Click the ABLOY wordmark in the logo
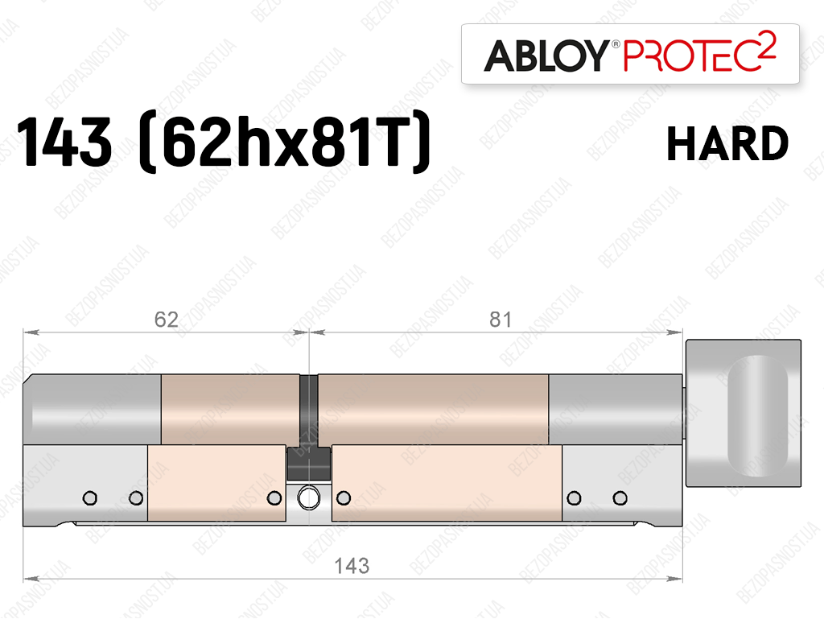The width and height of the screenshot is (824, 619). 546,56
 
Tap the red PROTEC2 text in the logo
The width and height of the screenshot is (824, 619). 700,53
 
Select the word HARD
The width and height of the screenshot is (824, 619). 727,143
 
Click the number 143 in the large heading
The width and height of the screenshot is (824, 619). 64,142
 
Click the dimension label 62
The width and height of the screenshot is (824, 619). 166,320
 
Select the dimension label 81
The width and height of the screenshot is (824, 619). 501,320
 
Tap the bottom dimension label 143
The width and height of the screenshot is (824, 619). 352,566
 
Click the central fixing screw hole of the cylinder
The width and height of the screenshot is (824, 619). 308,497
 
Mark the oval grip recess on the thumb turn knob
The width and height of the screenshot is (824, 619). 757,415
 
